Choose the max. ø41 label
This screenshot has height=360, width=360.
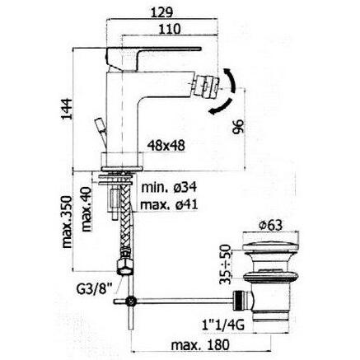click(168, 205)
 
